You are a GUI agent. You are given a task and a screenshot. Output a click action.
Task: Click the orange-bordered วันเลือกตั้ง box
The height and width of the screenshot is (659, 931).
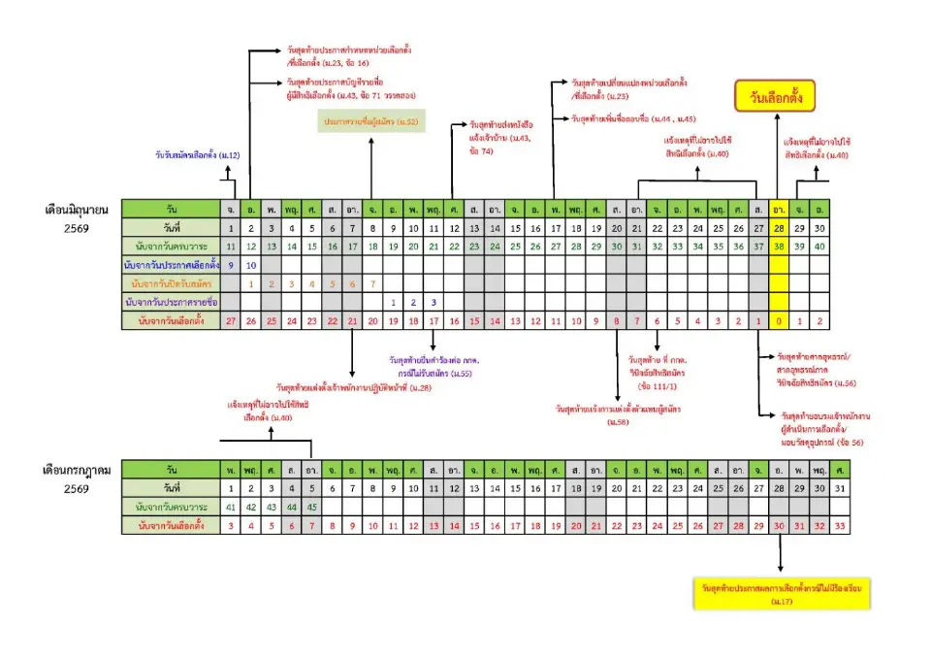(x=776, y=98)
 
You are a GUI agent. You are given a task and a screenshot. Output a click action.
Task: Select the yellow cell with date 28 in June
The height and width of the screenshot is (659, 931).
(x=779, y=227)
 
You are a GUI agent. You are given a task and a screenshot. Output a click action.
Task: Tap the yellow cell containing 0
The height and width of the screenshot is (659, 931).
(x=779, y=320)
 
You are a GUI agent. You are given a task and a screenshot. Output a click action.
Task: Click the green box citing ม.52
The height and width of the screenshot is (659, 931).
(x=370, y=122)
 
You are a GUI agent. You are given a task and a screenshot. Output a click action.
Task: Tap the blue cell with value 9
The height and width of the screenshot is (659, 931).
(x=231, y=264)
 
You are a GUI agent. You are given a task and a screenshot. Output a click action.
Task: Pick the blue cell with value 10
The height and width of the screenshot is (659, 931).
(x=251, y=264)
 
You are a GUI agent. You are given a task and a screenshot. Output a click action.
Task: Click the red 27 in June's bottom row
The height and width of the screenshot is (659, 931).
(x=231, y=320)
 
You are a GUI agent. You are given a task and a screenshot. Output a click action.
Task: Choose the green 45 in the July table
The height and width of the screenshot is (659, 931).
(x=311, y=507)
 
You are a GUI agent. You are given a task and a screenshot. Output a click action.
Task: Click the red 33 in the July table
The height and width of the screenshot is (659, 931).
(x=840, y=526)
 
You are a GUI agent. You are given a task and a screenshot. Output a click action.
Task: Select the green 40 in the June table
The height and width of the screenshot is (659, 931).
(x=819, y=246)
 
